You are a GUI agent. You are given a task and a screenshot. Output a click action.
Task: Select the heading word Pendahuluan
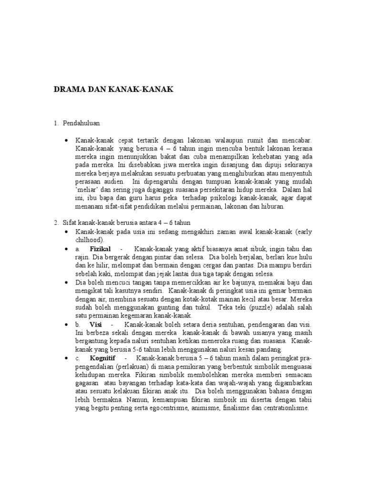point(81,123)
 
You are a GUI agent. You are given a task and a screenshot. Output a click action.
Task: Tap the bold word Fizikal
point(100,249)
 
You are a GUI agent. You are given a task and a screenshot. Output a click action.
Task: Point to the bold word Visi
point(96,324)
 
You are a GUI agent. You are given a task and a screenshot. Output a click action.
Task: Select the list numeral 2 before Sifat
point(56,223)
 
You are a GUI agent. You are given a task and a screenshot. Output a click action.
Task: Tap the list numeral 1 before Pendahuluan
point(56,123)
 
